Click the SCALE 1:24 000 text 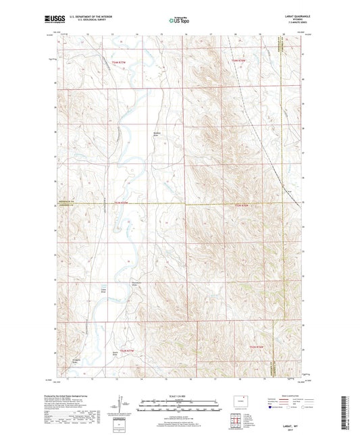pyautogui.click(x=180, y=396)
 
